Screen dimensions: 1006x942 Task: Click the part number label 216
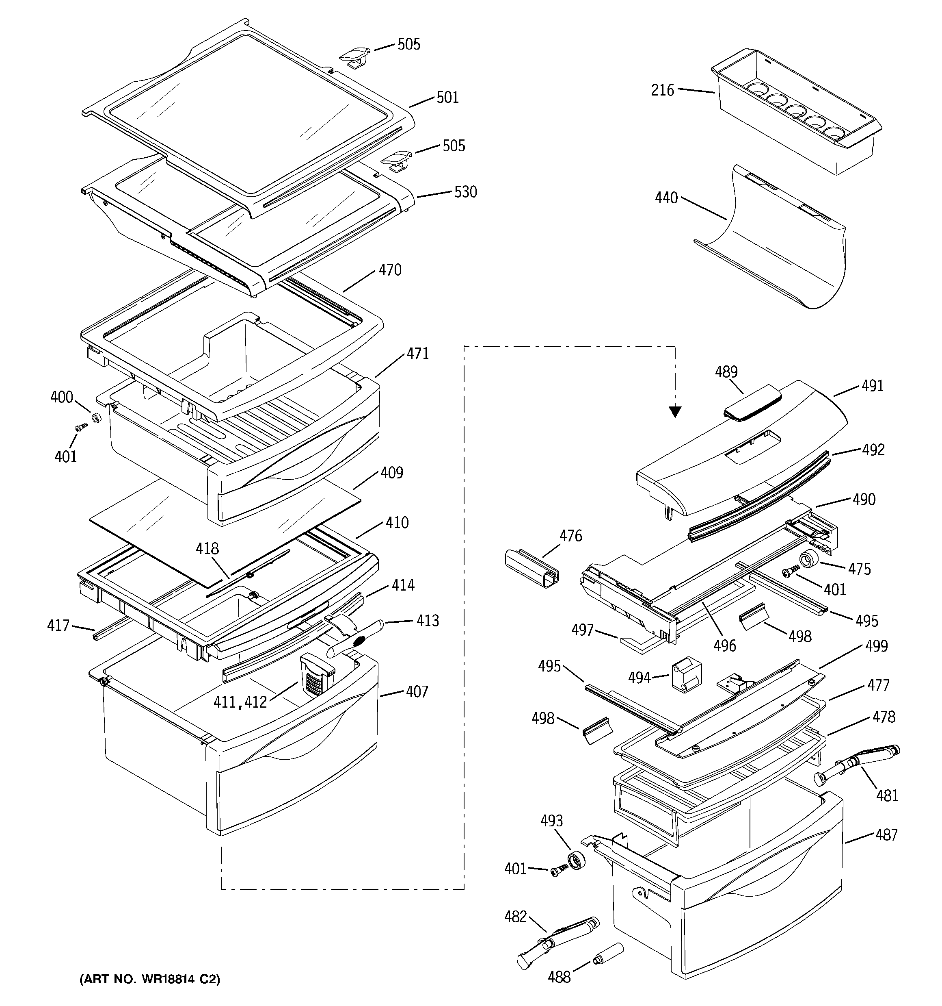click(x=662, y=91)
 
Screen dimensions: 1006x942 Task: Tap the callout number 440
click(x=666, y=198)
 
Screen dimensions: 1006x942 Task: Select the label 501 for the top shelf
click(x=447, y=97)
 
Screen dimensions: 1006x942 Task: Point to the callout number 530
click(x=465, y=192)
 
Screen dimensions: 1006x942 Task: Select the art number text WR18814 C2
click(x=150, y=979)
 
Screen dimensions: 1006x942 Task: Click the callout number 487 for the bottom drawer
click(x=886, y=834)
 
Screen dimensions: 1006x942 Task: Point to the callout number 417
click(x=58, y=626)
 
